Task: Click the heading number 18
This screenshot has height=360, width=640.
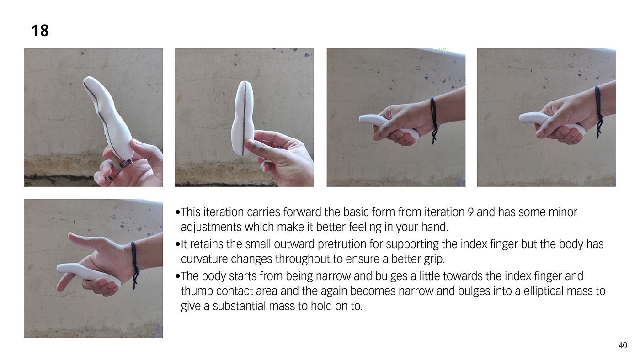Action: [40, 31]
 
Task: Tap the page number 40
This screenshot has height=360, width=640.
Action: [623, 345]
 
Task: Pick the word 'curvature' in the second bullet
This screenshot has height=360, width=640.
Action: [203, 259]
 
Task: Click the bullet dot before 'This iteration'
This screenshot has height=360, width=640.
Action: [178, 212]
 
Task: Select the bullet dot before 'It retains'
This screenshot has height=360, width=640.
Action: [178, 244]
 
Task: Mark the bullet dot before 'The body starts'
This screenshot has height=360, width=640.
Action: [178, 276]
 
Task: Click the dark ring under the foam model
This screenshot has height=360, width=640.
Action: [126, 163]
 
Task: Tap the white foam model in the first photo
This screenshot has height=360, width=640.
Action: [109, 117]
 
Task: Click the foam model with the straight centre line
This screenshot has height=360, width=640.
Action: [243, 118]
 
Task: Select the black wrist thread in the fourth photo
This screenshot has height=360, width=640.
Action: [599, 111]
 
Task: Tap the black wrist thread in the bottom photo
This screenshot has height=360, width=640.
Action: [134, 264]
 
